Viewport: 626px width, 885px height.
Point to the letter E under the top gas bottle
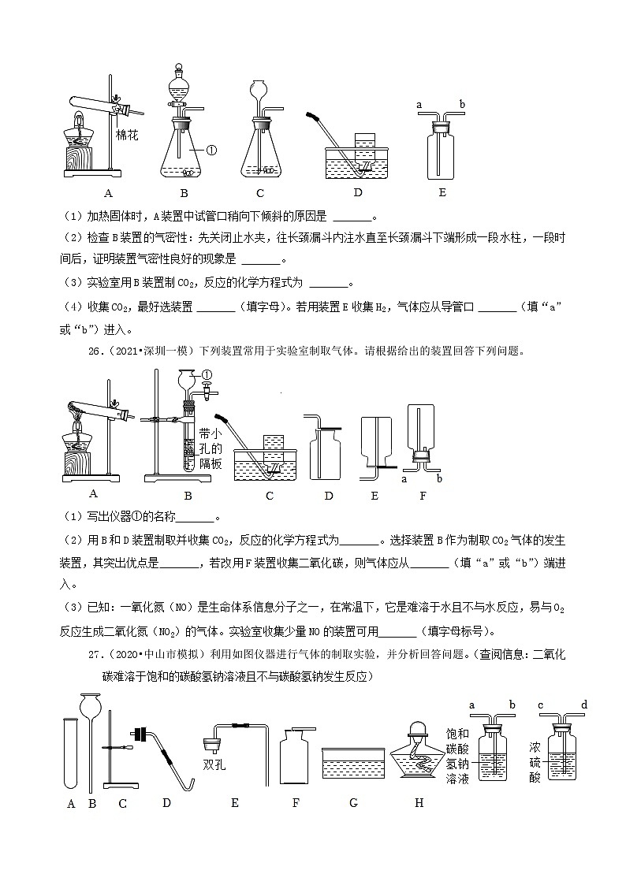click(442, 192)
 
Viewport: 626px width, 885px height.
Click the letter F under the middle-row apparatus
click(422, 495)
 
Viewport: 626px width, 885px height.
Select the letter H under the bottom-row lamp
click(419, 803)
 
